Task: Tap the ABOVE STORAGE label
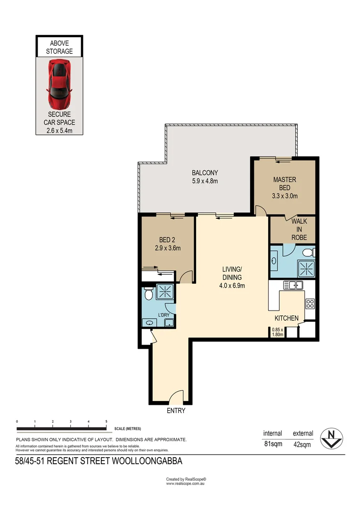[x=59, y=47]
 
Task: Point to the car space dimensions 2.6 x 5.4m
[x=59, y=130]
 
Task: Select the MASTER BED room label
[x=285, y=183]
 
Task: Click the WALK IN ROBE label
[x=299, y=229]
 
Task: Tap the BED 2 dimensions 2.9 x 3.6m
[x=167, y=248]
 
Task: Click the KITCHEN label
[x=286, y=318]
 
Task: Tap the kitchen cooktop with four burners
[x=310, y=303]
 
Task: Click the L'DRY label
[x=164, y=315]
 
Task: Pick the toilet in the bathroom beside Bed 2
[x=148, y=294]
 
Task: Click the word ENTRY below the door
[x=176, y=410]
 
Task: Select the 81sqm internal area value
[x=272, y=444]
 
